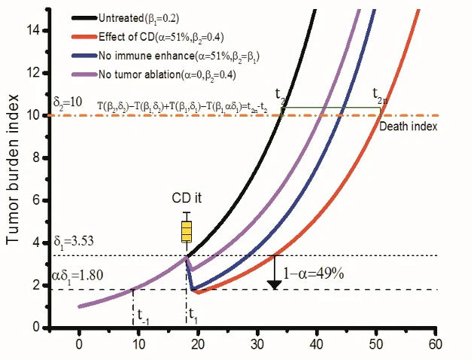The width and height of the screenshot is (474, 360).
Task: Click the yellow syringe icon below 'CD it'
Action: (x=187, y=229)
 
